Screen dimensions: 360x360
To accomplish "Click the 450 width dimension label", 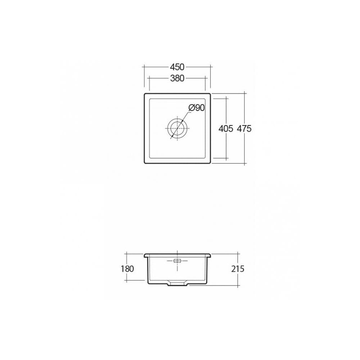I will (177, 67).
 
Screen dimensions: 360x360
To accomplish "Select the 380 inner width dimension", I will (177, 78).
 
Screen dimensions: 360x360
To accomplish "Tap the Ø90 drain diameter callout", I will (196, 107).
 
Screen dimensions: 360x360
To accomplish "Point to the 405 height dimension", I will (226, 129).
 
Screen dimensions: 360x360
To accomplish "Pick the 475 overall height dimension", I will (244, 129).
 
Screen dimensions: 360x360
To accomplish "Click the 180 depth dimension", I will (128, 269).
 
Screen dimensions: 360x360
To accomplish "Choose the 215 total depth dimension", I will (238, 269).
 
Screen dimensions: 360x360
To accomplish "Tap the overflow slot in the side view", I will (177, 261).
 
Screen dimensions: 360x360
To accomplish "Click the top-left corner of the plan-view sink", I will (145, 94).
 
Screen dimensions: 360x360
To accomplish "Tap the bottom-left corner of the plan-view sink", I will (145, 163).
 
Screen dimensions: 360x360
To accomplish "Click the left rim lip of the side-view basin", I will (146, 255).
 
